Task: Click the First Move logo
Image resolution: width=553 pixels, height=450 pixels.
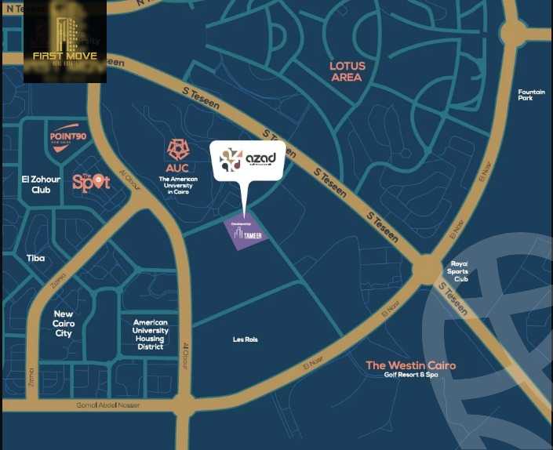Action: tap(64, 43)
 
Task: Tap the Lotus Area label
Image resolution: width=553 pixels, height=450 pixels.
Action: tap(346, 71)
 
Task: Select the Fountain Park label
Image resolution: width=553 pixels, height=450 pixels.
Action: tap(530, 95)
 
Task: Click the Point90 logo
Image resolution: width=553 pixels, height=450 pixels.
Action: tap(67, 136)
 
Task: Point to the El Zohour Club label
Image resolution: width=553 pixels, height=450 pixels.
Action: tap(36, 184)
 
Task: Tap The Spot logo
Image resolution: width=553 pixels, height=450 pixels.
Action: tap(91, 182)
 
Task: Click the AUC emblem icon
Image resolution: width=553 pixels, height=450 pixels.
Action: tap(177, 150)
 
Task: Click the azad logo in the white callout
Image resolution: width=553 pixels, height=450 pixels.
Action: tap(247, 160)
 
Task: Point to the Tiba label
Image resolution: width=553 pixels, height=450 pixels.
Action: tap(35, 258)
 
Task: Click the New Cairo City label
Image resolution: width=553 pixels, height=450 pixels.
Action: tap(64, 323)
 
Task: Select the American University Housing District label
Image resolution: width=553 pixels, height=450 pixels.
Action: tap(151, 334)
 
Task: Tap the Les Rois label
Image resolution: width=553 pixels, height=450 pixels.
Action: tap(245, 339)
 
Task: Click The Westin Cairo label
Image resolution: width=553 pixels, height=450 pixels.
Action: tap(410, 365)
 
